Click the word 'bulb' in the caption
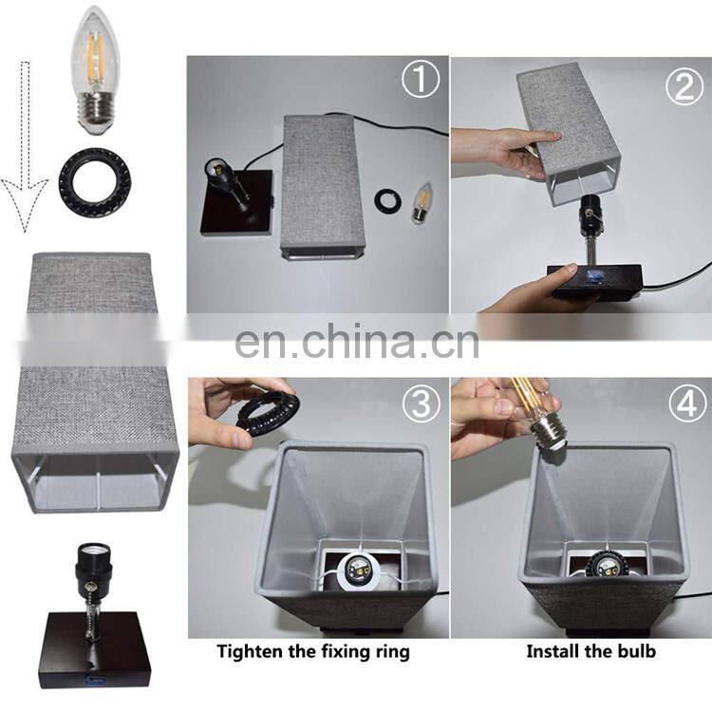pos(634,651)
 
